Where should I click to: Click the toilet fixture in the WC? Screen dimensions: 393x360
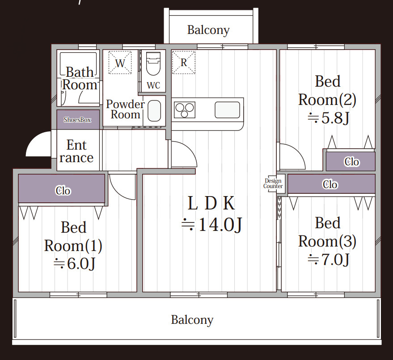(x=153, y=64)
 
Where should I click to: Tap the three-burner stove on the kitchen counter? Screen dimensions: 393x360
(x=185, y=110)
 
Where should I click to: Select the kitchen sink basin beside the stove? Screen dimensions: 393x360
(x=227, y=109)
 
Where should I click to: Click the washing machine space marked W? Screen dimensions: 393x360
(x=120, y=63)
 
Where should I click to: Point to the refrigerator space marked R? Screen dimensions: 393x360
(x=184, y=63)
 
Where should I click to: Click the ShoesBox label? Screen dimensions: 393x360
(x=77, y=120)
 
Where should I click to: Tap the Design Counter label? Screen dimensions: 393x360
(x=273, y=184)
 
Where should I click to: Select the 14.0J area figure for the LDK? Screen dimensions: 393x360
(x=212, y=225)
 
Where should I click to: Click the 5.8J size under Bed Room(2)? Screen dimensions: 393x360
(x=328, y=118)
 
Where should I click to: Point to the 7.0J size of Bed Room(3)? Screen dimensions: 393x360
(x=328, y=260)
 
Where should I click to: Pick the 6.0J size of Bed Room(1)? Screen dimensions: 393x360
(x=74, y=264)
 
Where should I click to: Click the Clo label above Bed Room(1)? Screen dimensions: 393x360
(x=63, y=191)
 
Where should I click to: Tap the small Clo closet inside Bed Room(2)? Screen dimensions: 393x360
(x=351, y=162)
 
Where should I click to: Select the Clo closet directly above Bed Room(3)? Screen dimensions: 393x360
(x=331, y=184)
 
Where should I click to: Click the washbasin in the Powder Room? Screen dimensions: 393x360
(x=154, y=111)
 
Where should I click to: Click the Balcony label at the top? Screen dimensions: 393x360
(x=208, y=30)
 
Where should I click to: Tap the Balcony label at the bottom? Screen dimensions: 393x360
(x=192, y=320)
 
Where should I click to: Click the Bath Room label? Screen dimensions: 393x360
(x=80, y=78)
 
